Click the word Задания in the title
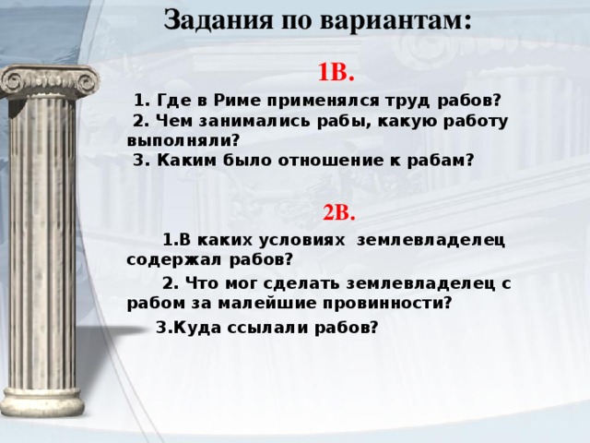207,19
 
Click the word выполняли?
183,139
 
